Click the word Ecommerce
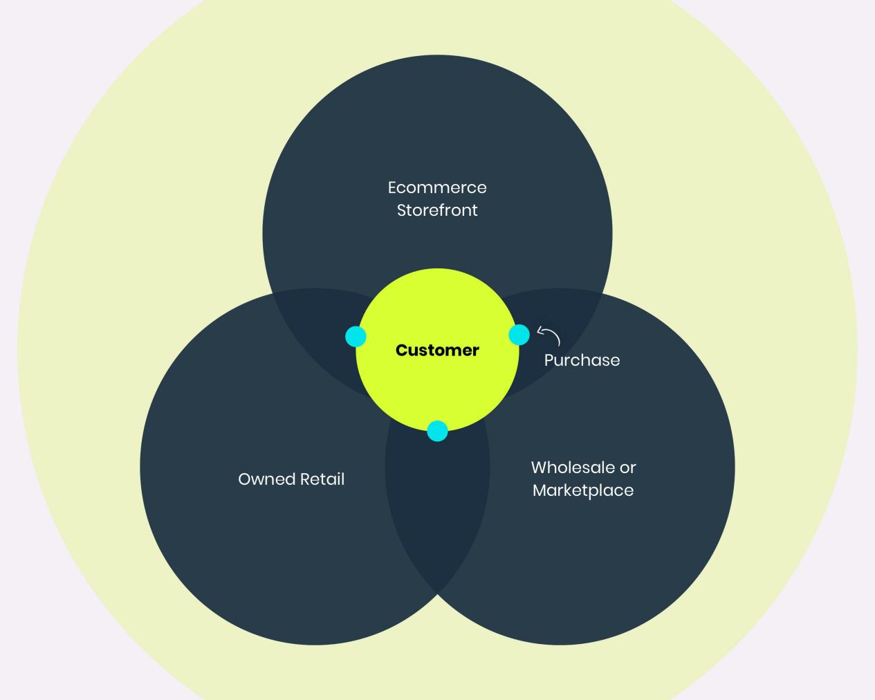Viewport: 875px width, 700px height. pyautogui.click(x=437, y=187)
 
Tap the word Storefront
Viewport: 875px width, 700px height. pyautogui.click(x=437, y=210)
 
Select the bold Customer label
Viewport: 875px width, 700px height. pyautogui.click(x=437, y=350)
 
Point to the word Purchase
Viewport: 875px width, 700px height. pyautogui.click(x=582, y=360)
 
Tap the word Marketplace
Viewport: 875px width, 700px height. pyautogui.click(x=583, y=490)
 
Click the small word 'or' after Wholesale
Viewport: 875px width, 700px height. pyautogui.click(x=628, y=468)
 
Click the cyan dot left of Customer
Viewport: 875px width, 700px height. pyautogui.click(x=356, y=337)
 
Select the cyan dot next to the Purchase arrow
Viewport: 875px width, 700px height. pyautogui.click(x=519, y=335)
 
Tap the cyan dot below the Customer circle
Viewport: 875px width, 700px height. pyautogui.click(x=437, y=431)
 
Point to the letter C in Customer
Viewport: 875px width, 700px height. pyautogui.click(x=401, y=351)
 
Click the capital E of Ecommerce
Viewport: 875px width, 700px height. pyautogui.click(x=392, y=187)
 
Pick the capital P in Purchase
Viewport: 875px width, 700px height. pyautogui.click(x=549, y=360)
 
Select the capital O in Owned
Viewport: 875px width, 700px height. pyautogui.click(x=244, y=479)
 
